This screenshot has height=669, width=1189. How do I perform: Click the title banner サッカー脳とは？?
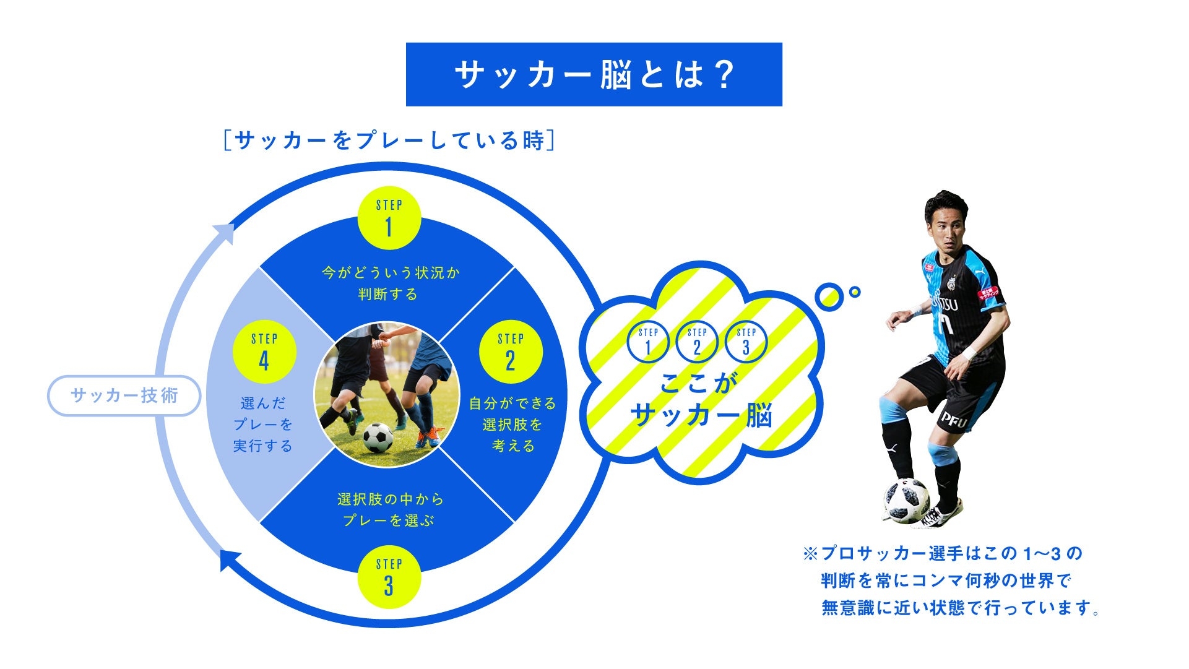(594, 74)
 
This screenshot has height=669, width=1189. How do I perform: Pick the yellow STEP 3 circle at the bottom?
(389, 577)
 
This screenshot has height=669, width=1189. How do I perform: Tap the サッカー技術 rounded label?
(124, 395)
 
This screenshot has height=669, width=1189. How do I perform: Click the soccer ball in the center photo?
(378, 438)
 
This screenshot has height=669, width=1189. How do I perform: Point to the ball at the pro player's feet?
(907, 500)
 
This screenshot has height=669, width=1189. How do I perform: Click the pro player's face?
(946, 223)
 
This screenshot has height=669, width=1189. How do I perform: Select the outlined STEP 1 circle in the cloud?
(648, 342)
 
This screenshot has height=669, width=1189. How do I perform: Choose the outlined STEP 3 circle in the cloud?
(746, 342)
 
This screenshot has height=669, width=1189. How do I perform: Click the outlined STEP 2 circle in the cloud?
(697, 342)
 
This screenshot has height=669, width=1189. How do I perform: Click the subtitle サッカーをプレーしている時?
(389, 140)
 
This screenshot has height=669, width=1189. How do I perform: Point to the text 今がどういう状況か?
(391, 273)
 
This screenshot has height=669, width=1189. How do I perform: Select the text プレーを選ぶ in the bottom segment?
(389, 520)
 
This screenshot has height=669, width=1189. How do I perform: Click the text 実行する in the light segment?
(263, 446)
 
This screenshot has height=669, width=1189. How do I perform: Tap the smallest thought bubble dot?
(855, 292)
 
